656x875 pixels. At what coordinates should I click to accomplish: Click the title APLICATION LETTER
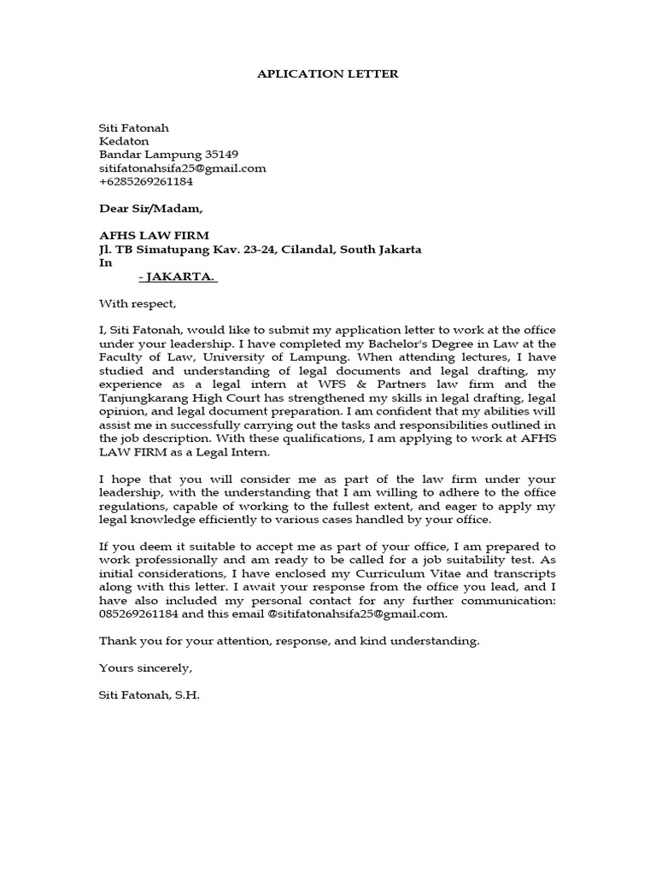point(328,74)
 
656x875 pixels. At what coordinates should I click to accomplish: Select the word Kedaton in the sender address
point(124,141)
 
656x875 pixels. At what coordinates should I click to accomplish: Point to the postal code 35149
point(222,155)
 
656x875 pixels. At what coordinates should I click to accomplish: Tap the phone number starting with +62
point(146,181)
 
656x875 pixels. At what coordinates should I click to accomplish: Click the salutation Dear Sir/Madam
point(151,208)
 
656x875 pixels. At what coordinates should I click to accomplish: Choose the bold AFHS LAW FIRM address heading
point(154,236)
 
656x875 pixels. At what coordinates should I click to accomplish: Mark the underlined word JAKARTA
point(181,277)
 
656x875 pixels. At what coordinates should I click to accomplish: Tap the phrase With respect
point(137,303)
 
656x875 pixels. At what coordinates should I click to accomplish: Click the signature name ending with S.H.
point(149,695)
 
